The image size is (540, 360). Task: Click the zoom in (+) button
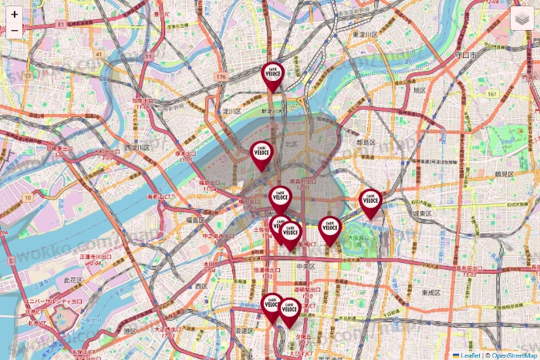[15, 14]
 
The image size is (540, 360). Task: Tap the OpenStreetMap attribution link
[512, 355]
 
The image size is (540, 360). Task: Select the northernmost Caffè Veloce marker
[273, 75]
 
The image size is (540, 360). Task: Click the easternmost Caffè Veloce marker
[371, 201]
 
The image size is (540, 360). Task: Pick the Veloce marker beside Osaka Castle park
[330, 229]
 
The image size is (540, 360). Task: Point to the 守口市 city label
[466, 56]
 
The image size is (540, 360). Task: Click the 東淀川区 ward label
[364, 35]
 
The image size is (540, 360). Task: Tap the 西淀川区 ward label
[137, 147]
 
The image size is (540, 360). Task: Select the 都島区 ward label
[366, 143]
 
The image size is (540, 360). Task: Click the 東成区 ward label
[430, 293]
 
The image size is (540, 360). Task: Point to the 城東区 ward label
[420, 213]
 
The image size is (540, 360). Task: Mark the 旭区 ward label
[420, 89]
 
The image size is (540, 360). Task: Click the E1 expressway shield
[60, 25]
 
